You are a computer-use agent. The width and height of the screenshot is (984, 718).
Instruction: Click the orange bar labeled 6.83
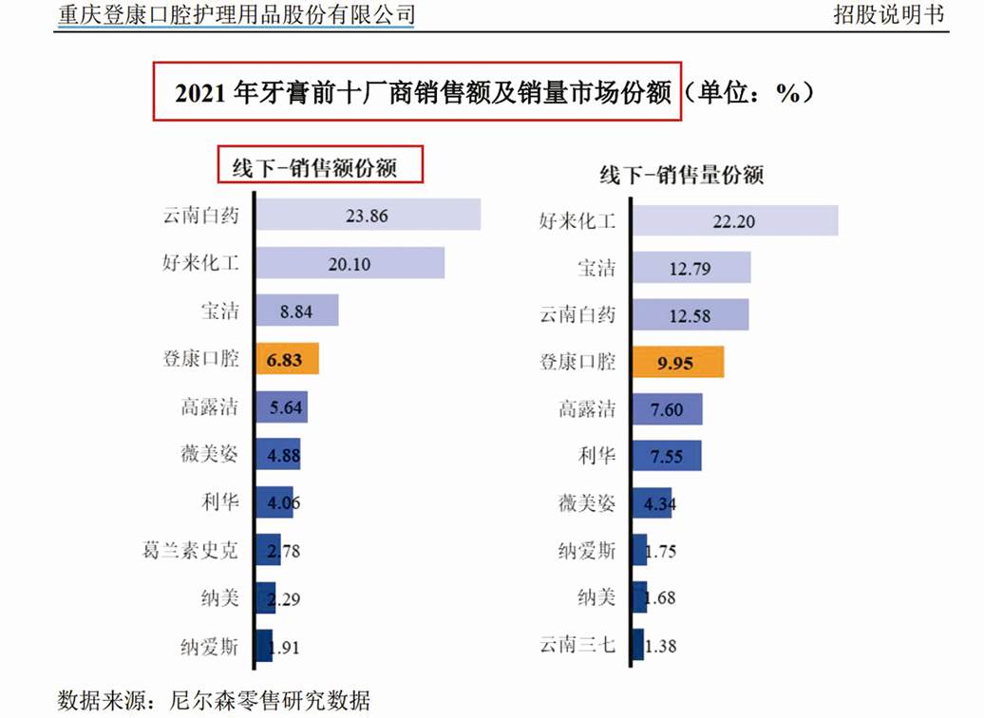pos(286,360)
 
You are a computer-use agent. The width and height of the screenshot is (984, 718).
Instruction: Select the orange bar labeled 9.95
pos(677,362)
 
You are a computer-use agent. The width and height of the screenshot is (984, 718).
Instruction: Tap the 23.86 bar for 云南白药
pos(368,215)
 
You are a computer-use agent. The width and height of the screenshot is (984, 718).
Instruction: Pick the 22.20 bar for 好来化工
pos(734,220)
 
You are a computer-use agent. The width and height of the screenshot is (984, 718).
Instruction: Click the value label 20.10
pos(349,263)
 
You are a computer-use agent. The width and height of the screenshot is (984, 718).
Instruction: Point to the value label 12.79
pos(691,268)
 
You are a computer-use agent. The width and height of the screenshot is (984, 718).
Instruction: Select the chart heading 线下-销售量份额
pos(682,175)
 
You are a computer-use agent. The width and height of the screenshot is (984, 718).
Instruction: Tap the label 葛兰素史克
pos(190,550)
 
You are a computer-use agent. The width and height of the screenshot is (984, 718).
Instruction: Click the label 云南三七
pos(577,645)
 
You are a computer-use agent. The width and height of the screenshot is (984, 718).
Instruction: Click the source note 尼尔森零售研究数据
pos(269,701)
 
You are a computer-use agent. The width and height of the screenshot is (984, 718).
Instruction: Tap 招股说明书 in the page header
pos(889,14)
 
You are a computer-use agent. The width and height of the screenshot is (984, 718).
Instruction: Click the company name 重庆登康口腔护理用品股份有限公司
pos(237,14)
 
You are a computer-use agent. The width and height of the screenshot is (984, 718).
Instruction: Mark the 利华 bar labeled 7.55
pos(666,456)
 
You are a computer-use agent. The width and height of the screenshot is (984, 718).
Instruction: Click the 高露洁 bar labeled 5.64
pos(280,406)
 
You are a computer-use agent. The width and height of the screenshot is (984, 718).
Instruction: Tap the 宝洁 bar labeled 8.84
pos(296,311)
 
